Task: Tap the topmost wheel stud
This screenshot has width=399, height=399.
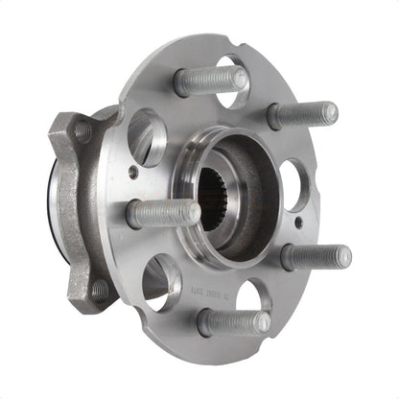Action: point(209,80)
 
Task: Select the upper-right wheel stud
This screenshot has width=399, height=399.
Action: point(301,114)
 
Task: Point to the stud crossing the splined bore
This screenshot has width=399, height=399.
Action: point(163,212)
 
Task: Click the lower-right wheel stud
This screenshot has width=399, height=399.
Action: point(315,256)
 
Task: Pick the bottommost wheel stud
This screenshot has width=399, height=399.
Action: point(233,322)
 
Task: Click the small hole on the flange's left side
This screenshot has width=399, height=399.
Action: point(132,173)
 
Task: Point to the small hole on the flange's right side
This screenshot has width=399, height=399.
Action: point(298,223)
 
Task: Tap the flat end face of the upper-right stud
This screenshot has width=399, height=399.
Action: point(329,112)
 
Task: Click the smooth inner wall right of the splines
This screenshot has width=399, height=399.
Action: point(251,192)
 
